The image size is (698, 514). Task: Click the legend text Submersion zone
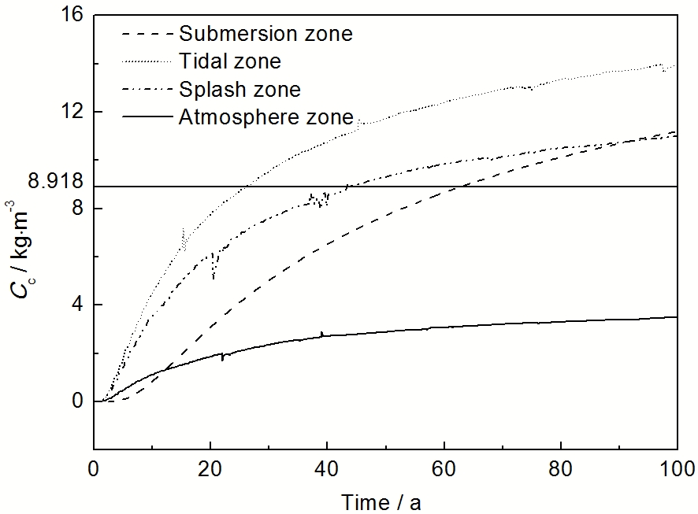point(265,34)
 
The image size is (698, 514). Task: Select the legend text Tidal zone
point(229,61)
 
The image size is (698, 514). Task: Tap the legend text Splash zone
point(239,89)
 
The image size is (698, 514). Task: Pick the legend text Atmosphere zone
point(265,117)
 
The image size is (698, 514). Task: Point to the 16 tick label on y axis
point(72,16)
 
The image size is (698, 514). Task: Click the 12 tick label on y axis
point(72,112)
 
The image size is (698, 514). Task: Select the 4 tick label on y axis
point(77,305)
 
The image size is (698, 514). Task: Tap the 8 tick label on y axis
point(77,209)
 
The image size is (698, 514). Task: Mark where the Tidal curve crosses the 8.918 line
point(247,187)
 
